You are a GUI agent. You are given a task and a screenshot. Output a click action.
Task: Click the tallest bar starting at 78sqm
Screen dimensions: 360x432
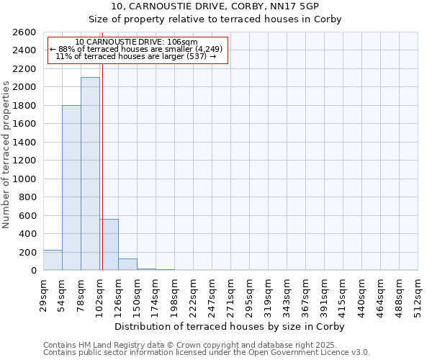pyautogui.click(x=90, y=174)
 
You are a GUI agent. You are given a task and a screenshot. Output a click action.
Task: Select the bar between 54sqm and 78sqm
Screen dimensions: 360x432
pyautogui.click(x=71, y=188)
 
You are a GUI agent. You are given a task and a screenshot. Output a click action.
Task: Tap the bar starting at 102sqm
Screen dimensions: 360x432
pyautogui.click(x=109, y=245)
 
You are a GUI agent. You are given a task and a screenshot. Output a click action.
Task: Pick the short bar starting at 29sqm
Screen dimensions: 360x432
pyautogui.click(x=53, y=261)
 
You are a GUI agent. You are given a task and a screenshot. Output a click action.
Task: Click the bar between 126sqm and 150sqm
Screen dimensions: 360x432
pyautogui.click(x=127, y=265)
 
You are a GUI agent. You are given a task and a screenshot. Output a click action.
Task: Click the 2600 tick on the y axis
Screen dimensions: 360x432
pyautogui.click(x=26, y=32)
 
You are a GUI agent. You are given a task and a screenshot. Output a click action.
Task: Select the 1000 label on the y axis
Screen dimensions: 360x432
pyautogui.click(x=26, y=179)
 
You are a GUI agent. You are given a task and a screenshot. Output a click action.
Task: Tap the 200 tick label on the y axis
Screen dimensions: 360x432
pyautogui.click(x=29, y=252)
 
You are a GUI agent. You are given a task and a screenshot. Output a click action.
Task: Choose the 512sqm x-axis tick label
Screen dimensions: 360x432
pyautogui.click(x=418, y=293)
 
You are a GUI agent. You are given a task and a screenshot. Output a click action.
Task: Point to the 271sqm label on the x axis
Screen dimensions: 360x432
pyautogui.click(x=230, y=293)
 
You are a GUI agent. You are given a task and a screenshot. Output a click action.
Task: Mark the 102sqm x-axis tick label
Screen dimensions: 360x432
pyautogui.click(x=100, y=293)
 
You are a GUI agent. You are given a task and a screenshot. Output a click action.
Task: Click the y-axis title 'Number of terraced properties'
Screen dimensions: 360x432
pyautogui.click(x=6, y=154)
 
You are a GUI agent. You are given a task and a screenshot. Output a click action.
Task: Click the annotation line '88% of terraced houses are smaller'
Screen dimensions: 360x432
pyautogui.click(x=136, y=49)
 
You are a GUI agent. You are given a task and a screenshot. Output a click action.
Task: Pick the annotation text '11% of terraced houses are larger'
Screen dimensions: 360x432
pyautogui.click(x=136, y=56)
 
